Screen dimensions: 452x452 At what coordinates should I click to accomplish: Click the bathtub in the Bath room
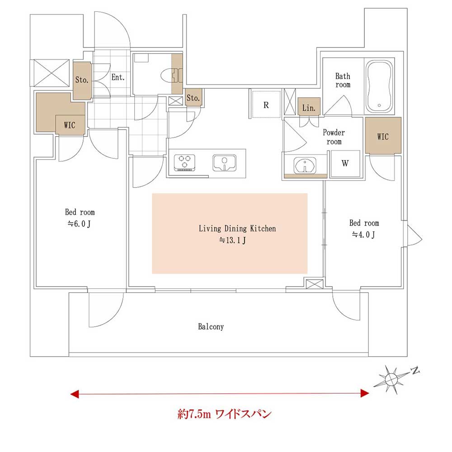click(x=379, y=87)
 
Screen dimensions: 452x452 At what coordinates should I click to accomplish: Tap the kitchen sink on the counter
click(x=224, y=163)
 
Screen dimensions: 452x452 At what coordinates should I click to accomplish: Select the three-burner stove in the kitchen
click(x=184, y=163)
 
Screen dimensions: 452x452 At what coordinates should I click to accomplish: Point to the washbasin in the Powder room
click(x=305, y=166)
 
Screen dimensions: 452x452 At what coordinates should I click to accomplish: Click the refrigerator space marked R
click(x=266, y=104)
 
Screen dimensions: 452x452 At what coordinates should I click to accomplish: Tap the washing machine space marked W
click(x=345, y=163)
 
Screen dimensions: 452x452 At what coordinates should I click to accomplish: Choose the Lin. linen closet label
click(x=309, y=108)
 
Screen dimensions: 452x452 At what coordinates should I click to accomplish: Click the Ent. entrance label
click(x=118, y=77)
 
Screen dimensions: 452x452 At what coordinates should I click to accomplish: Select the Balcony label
click(x=211, y=326)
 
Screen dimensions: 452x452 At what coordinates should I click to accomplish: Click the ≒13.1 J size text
click(x=232, y=240)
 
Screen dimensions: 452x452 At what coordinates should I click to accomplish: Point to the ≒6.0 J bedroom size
click(x=79, y=223)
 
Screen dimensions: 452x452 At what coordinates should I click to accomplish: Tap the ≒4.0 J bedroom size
click(x=363, y=234)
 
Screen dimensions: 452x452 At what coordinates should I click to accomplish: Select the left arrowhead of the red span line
click(x=75, y=394)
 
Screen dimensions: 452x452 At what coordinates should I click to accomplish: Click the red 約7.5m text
click(x=194, y=414)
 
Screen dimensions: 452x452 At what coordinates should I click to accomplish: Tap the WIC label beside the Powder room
click(x=383, y=137)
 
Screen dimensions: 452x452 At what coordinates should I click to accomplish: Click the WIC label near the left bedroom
click(x=70, y=125)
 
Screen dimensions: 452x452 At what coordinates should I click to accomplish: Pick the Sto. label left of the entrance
click(x=82, y=80)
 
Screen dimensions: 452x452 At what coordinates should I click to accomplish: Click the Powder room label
click(x=334, y=137)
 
